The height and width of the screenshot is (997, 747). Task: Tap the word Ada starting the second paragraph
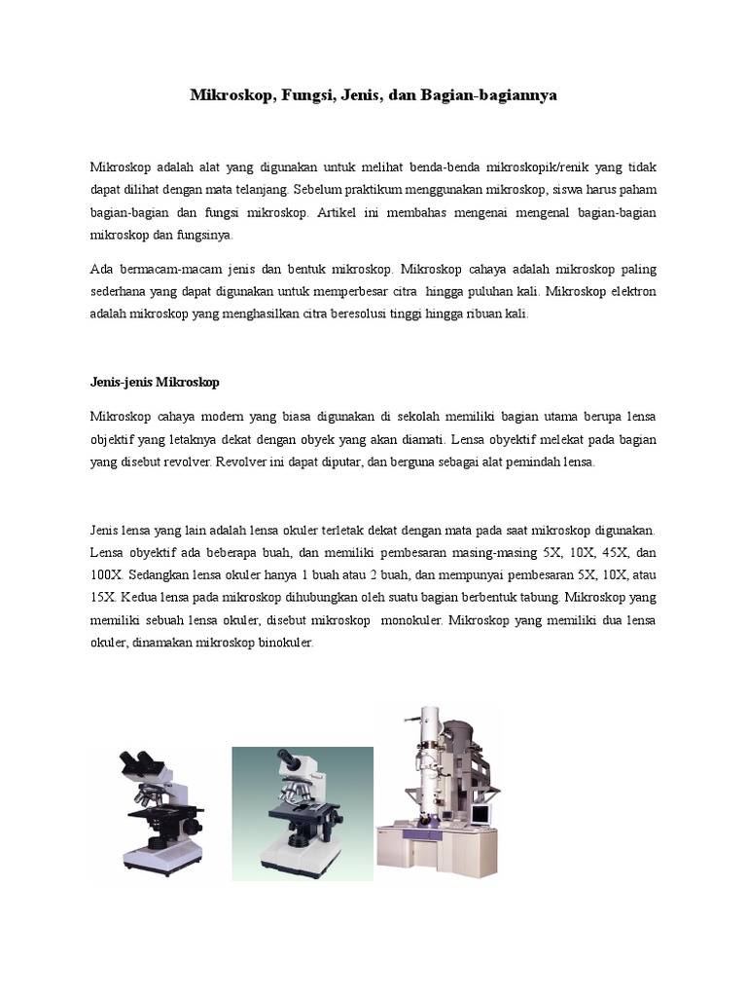pyautogui.click(x=101, y=269)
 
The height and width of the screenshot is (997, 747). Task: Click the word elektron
pyautogui.click(x=629, y=291)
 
